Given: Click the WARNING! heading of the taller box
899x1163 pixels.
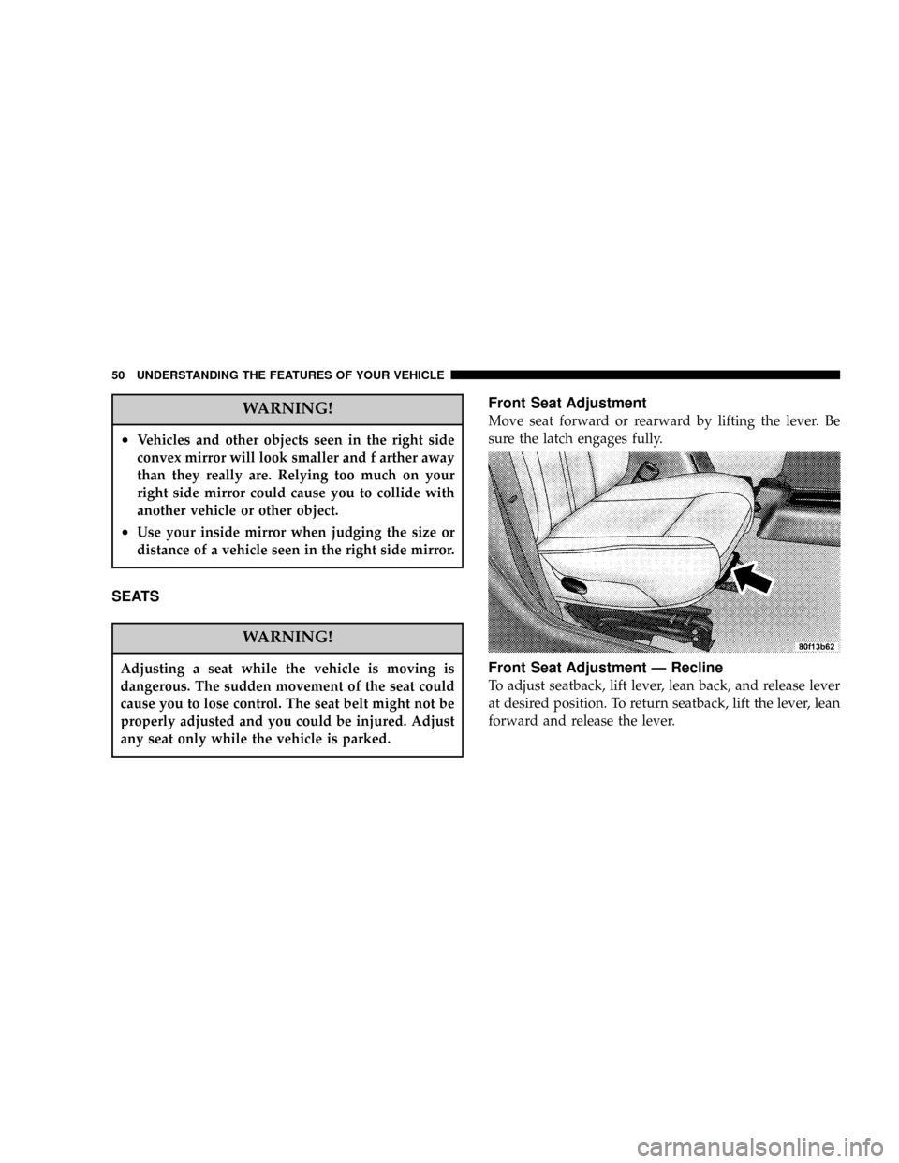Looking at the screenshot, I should (x=287, y=410).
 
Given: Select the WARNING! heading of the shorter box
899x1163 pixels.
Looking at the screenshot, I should (x=287, y=638).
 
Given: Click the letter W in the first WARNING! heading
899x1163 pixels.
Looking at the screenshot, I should (x=249, y=410).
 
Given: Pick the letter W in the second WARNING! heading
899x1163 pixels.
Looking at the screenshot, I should (x=249, y=638).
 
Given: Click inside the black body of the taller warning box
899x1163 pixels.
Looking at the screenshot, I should (x=287, y=495).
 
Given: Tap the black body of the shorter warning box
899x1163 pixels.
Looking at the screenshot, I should (x=287, y=702).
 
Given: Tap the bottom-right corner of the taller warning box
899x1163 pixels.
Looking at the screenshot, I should (x=463, y=567).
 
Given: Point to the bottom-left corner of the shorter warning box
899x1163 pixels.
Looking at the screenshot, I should (x=111, y=755).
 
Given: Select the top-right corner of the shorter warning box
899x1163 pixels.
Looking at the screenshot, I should (x=463, y=623).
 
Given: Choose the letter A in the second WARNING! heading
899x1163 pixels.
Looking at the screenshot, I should (x=263, y=638).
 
